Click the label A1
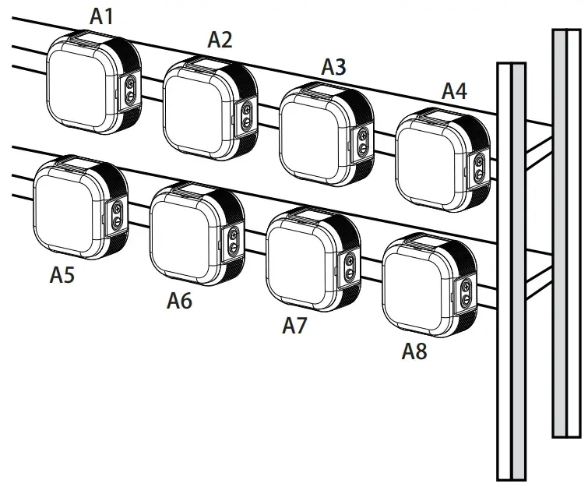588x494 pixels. [x=101, y=16]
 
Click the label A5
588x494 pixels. [x=62, y=274]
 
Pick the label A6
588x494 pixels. [x=179, y=300]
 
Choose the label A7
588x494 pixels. [x=294, y=326]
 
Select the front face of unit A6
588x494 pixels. [x=185, y=238]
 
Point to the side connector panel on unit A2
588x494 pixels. [x=248, y=114]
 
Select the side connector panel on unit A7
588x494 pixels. [x=350, y=266]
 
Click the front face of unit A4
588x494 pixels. [x=431, y=163]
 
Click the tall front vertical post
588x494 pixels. [x=511, y=273]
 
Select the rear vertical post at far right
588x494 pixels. [x=565, y=234]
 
